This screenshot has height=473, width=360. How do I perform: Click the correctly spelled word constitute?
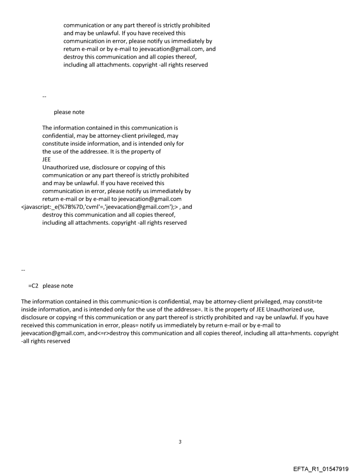pyautogui.click(x=56, y=144)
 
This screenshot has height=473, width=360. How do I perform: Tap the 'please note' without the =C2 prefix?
pyautogui.click(x=69, y=112)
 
